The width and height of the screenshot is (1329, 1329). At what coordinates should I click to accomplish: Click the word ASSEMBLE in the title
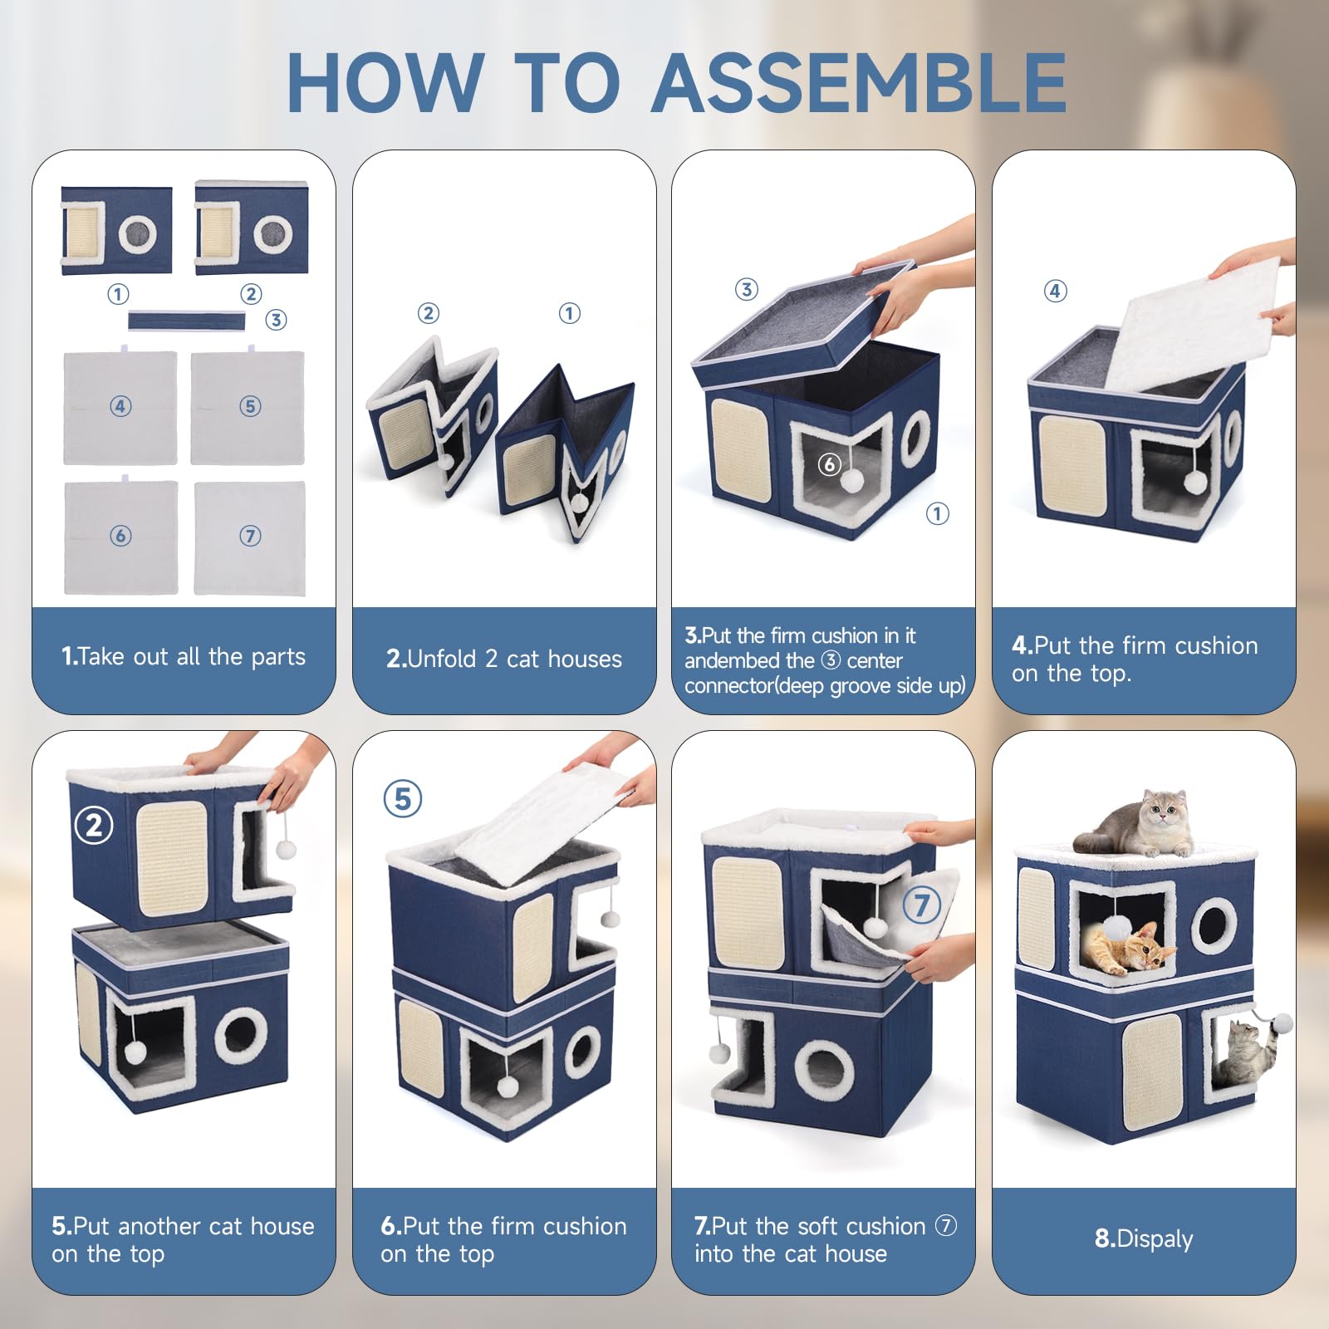point(859,83)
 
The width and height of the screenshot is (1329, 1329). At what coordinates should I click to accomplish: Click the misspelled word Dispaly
point(1155,1238)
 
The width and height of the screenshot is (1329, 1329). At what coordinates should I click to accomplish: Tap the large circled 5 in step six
point(403,799)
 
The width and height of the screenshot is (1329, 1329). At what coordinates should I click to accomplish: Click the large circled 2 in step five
point(94,826)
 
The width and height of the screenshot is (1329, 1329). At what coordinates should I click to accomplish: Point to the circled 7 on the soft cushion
point(921,905)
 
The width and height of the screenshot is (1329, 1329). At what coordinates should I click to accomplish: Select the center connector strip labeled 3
point(187,321)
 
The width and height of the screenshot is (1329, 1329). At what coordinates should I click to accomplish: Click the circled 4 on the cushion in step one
point(120,406)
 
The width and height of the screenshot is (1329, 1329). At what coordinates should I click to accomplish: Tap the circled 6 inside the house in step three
point(829,464)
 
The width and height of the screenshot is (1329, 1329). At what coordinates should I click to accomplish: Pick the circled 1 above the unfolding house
point(569,313)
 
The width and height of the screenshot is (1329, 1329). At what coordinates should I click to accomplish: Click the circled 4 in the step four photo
point(1055,291)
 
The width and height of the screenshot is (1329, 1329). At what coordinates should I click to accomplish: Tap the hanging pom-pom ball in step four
point(1194,481)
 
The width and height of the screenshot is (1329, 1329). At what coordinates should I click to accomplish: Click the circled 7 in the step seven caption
point(946,1225)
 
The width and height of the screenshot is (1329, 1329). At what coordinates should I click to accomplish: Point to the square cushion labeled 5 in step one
point(248,408)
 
